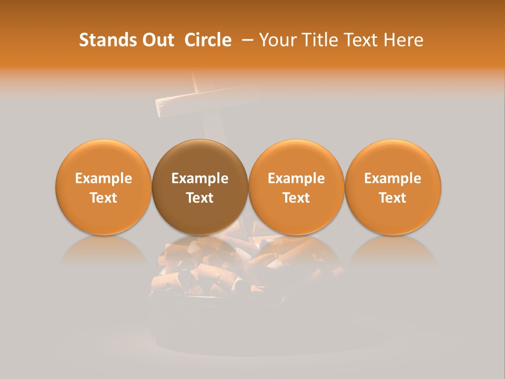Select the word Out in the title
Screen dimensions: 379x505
(157, 40)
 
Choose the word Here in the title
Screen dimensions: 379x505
(403, 40)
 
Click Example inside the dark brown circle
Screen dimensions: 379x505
(200, 178)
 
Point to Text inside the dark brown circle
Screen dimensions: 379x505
(200, 198)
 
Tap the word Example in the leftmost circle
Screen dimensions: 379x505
(103, 178)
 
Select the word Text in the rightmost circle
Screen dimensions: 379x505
(393, 198)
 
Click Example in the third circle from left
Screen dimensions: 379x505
(296, 178)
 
